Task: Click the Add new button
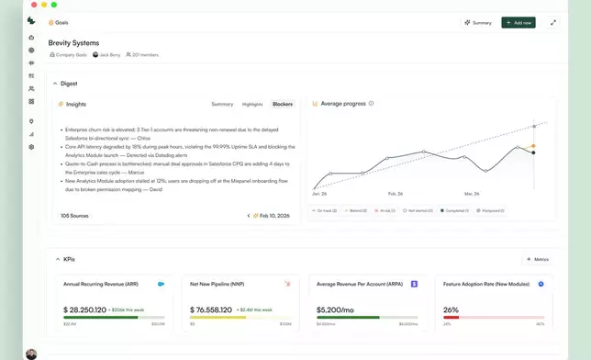point(519,22)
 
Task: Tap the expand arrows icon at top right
point(553,22)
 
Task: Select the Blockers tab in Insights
point(283,104)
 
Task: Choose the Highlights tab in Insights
point(252,104)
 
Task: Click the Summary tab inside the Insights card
point(222,104)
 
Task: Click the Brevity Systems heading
point(73,42)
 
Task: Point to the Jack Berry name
point(109,55)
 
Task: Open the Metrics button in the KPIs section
point(538,260)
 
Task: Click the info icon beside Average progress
point(372,104)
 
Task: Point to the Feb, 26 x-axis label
point(395,194)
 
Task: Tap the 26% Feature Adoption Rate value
point(451,309)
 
